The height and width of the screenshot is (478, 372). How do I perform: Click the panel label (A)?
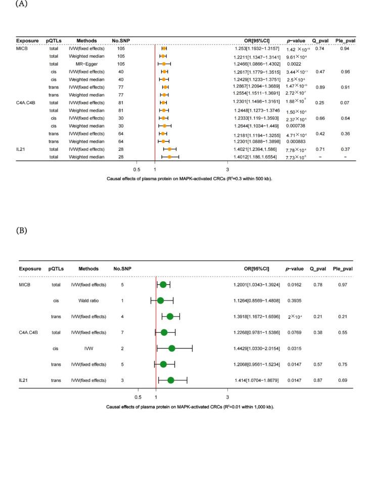[x=7, y=4]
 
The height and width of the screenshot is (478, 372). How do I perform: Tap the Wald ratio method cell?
[x=88, y=300]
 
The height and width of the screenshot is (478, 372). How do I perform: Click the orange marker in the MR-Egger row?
[x=164, y=64]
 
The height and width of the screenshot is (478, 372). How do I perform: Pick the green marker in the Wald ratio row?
[x=161, y=300]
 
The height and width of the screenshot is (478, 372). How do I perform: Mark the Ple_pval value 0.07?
[x=345, y=103]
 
